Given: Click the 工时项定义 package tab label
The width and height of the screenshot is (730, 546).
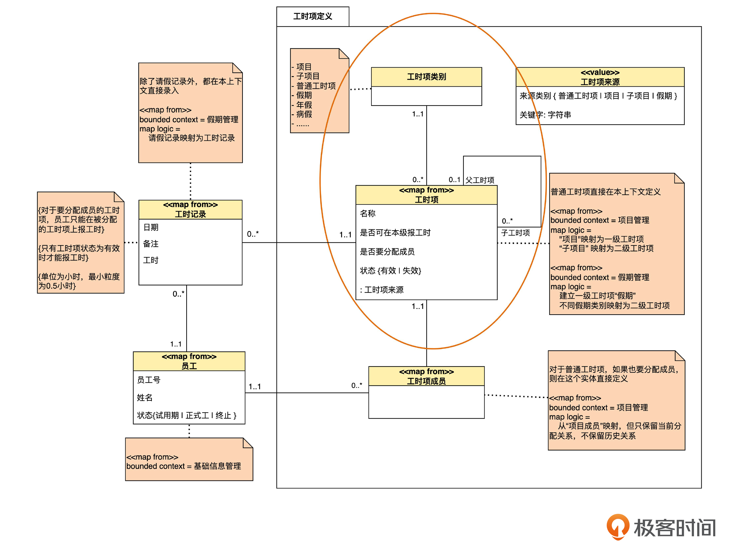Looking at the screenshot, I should [312, 16].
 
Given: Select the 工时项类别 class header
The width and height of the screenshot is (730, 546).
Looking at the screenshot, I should [426, 77].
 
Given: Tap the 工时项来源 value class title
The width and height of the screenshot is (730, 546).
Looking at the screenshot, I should [600, 82].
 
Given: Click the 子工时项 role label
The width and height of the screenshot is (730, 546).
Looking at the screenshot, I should [515, 233].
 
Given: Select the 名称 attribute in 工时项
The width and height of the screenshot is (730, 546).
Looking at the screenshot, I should [368, 213].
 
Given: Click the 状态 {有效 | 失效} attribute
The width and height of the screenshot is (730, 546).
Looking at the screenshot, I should [390, 271].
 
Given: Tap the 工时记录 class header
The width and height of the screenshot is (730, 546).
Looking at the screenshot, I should [190, 214].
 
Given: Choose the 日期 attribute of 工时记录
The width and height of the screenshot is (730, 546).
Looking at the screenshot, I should [151, 227].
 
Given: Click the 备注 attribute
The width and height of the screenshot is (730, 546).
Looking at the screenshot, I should [151, 244].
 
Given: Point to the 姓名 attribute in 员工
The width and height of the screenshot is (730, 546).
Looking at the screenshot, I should [145, 398].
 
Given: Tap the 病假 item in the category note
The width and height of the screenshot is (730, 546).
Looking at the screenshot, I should [304, 114].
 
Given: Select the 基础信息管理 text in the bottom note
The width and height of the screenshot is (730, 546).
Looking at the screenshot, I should [217, 466].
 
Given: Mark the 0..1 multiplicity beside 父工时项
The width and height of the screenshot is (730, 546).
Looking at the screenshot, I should [454, 180].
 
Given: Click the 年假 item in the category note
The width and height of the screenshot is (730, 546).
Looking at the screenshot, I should [304, 105].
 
